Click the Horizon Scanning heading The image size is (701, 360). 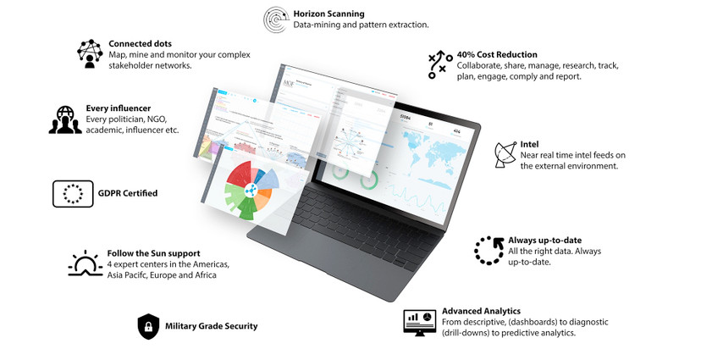328,14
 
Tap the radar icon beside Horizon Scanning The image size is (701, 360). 275,19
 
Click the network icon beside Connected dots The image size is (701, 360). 90,53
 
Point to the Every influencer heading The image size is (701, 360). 118,108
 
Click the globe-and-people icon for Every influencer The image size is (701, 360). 65,119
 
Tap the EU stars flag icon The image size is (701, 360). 73,193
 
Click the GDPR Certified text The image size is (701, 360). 130,193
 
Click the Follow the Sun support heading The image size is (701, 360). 153,253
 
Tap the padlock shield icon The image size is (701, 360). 148,326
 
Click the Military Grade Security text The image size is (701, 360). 211,326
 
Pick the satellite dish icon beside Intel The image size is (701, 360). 505,154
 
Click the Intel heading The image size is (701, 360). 529,145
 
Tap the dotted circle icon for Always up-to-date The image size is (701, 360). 488,251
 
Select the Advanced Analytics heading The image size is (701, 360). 481,311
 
